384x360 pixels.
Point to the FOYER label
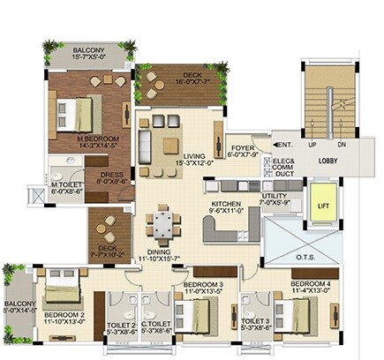243,150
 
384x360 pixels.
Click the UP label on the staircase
312,144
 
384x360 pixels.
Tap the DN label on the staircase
342,144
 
